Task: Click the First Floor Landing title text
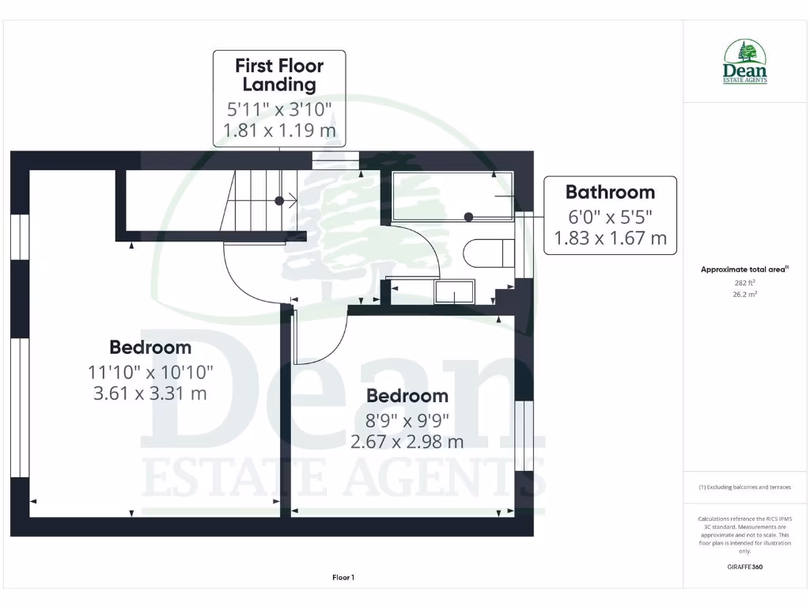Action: click(279, 74)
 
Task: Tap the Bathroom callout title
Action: click(610, 192)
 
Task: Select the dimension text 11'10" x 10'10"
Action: click(150, 370)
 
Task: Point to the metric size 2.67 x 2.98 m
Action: click(407, 442)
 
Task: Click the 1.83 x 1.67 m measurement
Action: click(610, 237)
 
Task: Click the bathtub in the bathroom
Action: click(452, 195)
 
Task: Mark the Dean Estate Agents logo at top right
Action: click(745, 62)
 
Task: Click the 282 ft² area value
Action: click(745, 282)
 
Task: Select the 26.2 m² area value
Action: click(745, 294)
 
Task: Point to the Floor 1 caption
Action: click(343, 578)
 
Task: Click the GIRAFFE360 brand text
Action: click(745, 567)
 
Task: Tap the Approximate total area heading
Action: click(744, 269)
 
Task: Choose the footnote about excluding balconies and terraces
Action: click(745, 487)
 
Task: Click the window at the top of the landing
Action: click(335, 160)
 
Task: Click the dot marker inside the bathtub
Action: click(469, 216)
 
